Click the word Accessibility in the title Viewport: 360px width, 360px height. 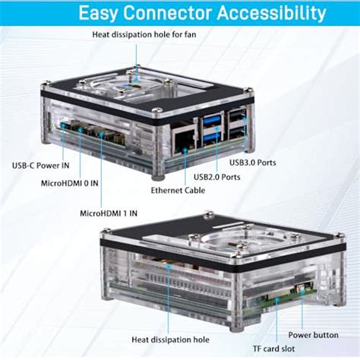(272, 12)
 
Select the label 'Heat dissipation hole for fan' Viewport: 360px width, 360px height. (144, 34)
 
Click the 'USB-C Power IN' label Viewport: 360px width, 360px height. (41, 166)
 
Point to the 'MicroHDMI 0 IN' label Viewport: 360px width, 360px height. (70, 183)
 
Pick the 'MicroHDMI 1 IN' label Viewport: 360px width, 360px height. (109, 213)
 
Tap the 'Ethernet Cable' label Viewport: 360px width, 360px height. (178, 190)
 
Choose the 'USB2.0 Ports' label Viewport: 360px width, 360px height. (217, 177)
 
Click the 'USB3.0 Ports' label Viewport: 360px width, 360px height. (253, 163)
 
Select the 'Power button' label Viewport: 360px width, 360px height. (314, 335)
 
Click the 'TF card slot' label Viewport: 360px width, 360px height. (273, 349)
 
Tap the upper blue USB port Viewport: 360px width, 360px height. (211, 119)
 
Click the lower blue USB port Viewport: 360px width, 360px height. (211, 137)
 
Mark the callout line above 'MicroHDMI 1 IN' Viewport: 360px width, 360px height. (101, 170)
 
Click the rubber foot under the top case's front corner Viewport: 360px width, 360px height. (158, 177)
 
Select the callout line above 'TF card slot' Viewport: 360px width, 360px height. (277, 321)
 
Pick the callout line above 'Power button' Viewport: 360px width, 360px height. (302, 310)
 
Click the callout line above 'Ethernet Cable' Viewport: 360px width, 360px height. (185, 167)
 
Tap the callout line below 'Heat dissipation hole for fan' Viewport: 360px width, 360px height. (137, 62)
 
